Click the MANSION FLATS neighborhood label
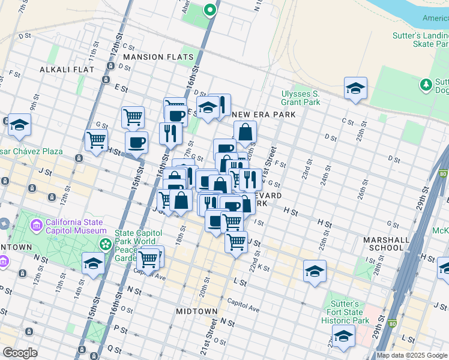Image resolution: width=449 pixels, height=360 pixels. click(158, 57)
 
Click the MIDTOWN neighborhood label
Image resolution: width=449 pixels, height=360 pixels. click(197, 311)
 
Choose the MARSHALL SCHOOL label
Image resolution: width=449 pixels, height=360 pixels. click(384, 244)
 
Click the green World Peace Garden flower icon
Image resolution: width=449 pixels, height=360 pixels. click(106, 244)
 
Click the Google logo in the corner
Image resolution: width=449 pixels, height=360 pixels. click(20, 353)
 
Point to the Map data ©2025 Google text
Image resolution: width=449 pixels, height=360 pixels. click(412, 355)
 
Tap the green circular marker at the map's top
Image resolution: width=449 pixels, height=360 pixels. click(209, 10)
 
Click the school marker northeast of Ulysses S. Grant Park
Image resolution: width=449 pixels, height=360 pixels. click(355, 88)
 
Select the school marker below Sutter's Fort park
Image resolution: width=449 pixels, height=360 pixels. click(343, 337)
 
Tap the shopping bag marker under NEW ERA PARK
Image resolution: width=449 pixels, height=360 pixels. click(246, 132)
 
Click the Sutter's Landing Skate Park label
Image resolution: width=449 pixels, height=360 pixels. click(420, 40)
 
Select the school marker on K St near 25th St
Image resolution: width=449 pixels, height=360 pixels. click(315, 271)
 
